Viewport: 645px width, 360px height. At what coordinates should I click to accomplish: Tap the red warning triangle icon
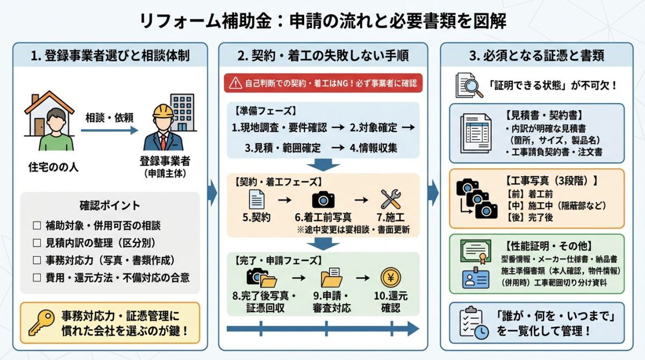point(235,83)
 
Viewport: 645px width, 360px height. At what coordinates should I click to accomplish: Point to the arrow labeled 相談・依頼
point(110,130)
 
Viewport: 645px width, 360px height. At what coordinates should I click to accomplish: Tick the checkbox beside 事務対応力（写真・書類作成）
point(37,261)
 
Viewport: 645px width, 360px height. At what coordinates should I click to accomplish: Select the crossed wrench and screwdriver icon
point(391,199)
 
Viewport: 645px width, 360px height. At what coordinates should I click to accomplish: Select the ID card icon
point(475,278)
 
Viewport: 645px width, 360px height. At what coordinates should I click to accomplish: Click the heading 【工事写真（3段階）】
point(552,181)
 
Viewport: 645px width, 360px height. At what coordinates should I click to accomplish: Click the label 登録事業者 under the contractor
point(164,161)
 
